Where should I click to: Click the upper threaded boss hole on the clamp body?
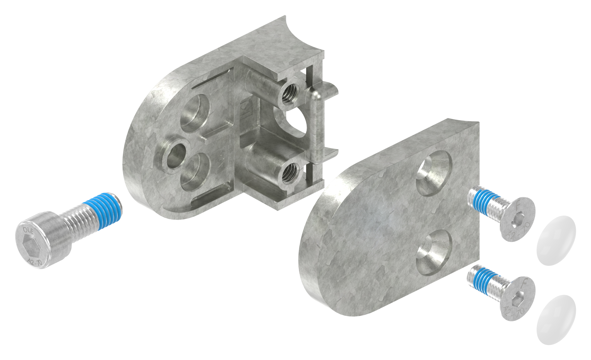[290, 97]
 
